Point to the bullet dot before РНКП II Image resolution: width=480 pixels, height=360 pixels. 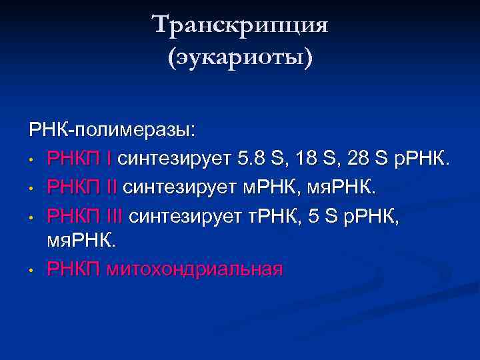click(32, 189)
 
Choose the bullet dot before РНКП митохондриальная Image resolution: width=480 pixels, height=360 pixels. click(32, 271)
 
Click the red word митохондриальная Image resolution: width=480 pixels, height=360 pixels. click(195, 270)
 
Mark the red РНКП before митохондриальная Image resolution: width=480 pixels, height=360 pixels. click(74, 270)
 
